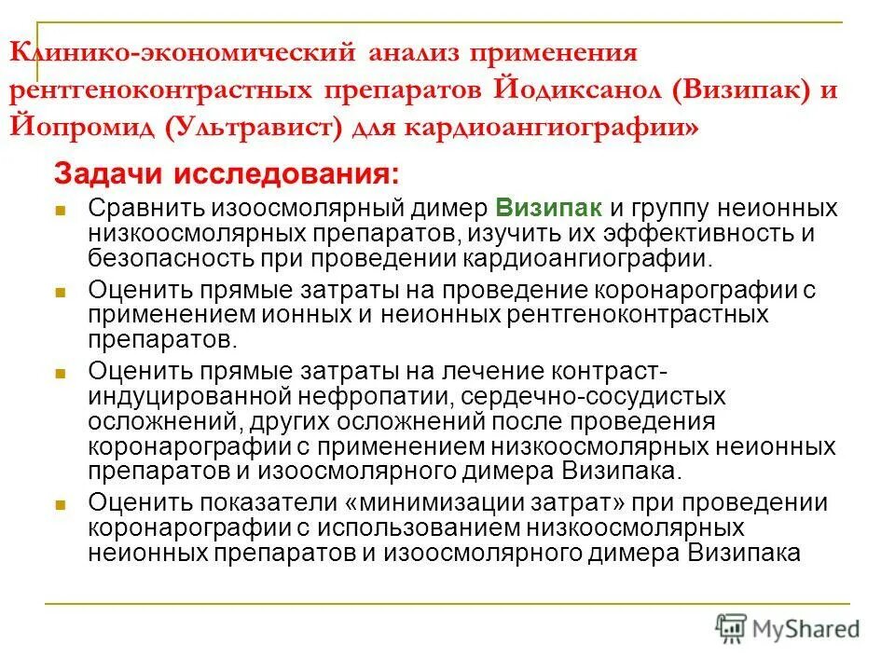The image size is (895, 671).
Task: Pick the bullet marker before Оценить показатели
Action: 61,506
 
